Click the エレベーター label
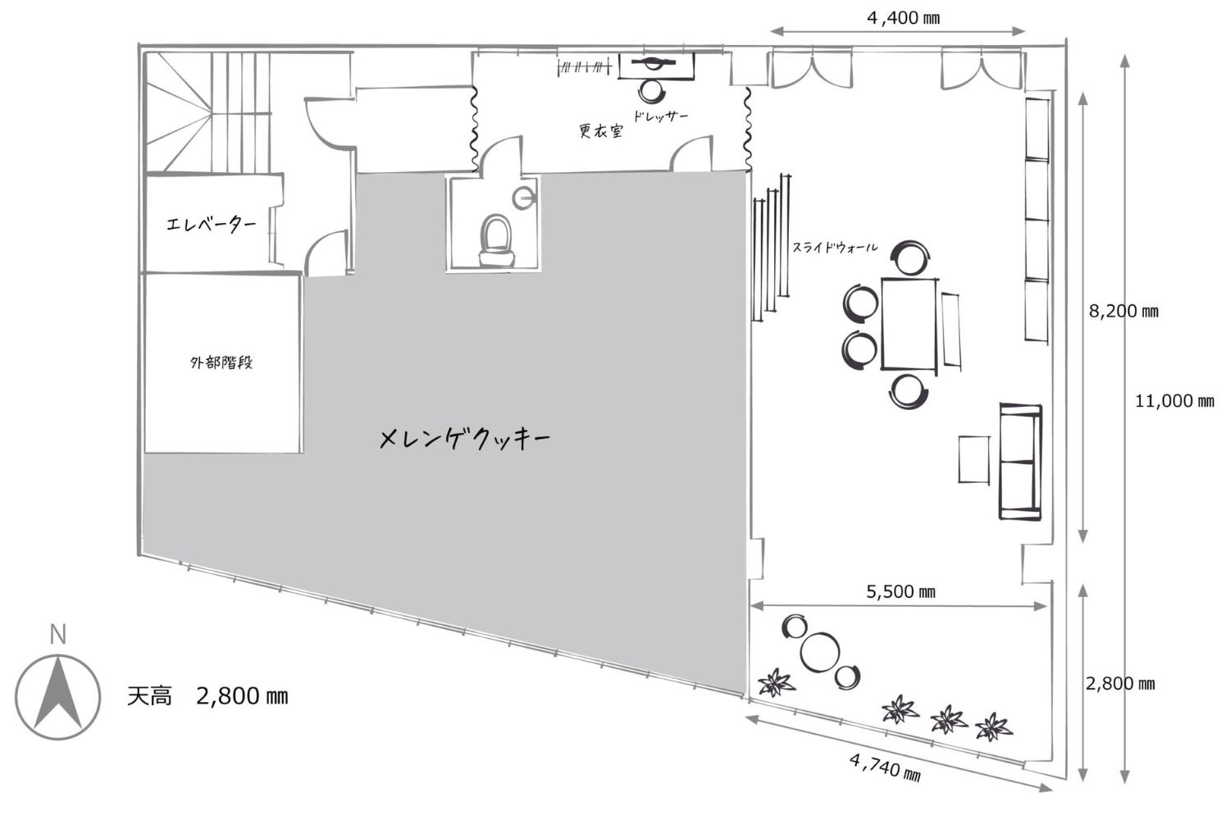pos(212,224)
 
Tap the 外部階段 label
pos(221,362)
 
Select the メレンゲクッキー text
pos(465,439)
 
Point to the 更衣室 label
pos(601,130)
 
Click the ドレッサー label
pos(661,116)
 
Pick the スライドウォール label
pos(835,248)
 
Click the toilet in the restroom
pos(496,241)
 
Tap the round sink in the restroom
pos(523,198)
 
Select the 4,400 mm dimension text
pos(904,18)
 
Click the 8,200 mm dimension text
pos(1123,312)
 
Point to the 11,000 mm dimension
pos(1174,401)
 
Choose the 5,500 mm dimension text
pos(900,591)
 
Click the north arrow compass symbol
pos(57,697)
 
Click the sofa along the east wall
pos(1020,462)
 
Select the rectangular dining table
pos(909,325)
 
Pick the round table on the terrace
pos(820,652)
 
